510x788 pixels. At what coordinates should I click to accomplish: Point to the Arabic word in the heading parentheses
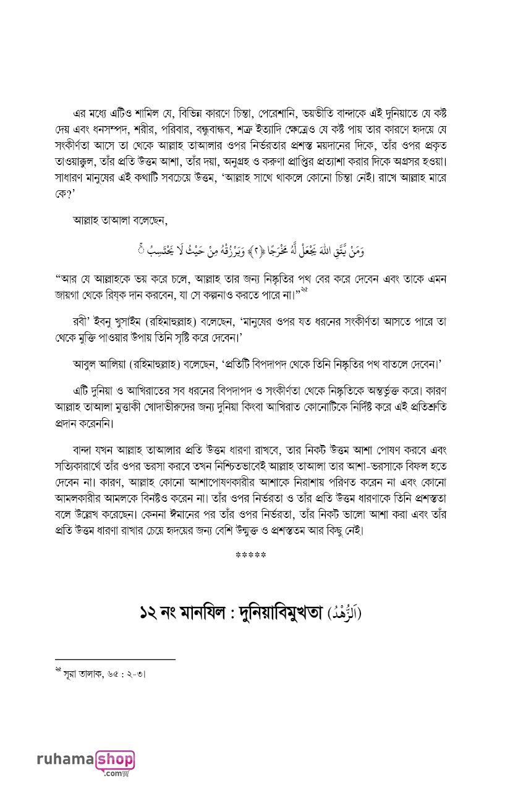(x=344, y=614)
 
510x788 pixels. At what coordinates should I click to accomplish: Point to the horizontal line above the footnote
(x=115, y=660)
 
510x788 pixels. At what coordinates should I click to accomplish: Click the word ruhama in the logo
(x=64, y=760)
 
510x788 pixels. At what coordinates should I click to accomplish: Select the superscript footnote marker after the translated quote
(x=304, y=290)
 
